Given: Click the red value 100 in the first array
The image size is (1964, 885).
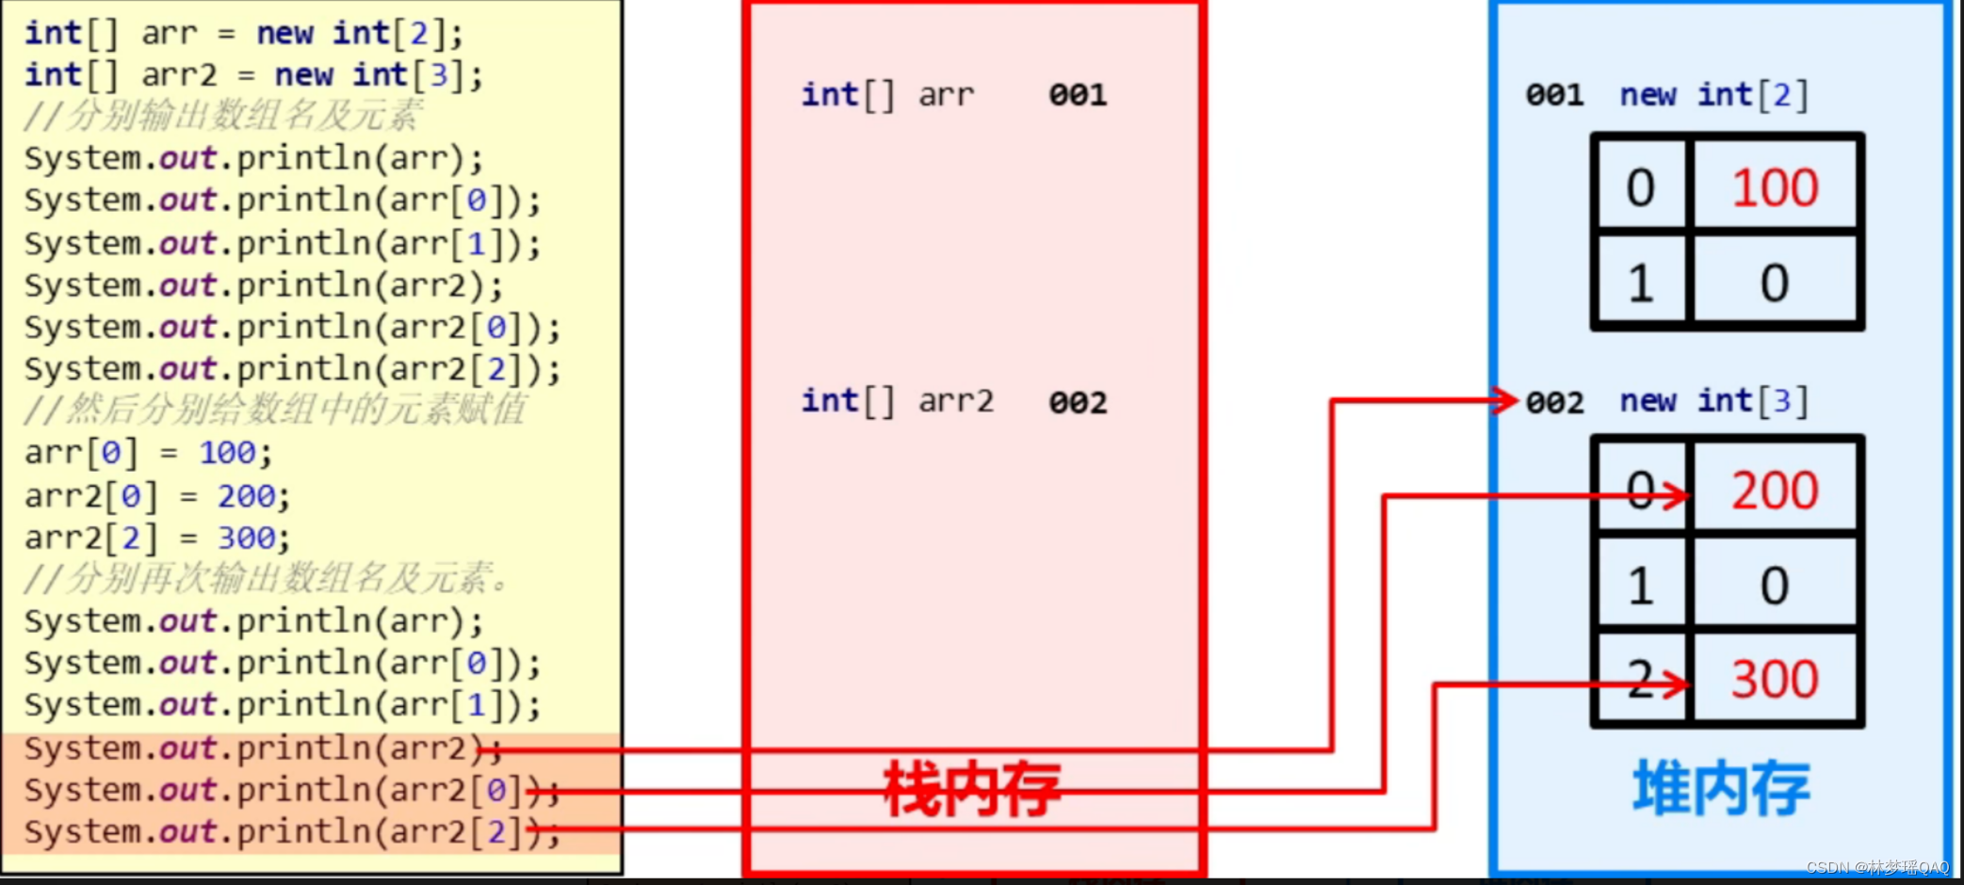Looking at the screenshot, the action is coord(1775,187).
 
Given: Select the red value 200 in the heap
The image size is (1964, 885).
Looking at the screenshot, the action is coord(1775,491).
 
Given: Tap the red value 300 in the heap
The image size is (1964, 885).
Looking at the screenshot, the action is coord(1775,679).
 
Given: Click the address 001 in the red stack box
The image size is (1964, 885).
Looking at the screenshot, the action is coord(1078,95).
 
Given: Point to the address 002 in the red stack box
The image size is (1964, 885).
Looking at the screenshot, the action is coord(1078,403).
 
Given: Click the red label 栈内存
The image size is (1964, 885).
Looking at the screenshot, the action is coord(972,789).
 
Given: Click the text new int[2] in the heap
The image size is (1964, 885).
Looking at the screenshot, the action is coord(1713,95).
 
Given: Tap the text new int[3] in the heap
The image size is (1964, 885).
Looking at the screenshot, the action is coord(1713,402).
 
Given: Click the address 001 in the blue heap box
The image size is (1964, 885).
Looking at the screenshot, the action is coord(1554,95).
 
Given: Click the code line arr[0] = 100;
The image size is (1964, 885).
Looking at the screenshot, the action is coord(148,453).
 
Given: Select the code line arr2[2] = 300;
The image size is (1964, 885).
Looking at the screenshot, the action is coord(157,538).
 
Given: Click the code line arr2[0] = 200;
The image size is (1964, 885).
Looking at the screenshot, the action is coord(157,495).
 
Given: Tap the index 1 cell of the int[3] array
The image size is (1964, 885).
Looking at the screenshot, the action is coord(1641,586).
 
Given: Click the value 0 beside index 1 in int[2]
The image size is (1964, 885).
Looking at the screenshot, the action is coord(1775,282).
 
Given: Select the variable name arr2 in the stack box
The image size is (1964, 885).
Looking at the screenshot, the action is coord(956,402).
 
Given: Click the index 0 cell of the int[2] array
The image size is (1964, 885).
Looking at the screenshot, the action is coord(1641,187).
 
